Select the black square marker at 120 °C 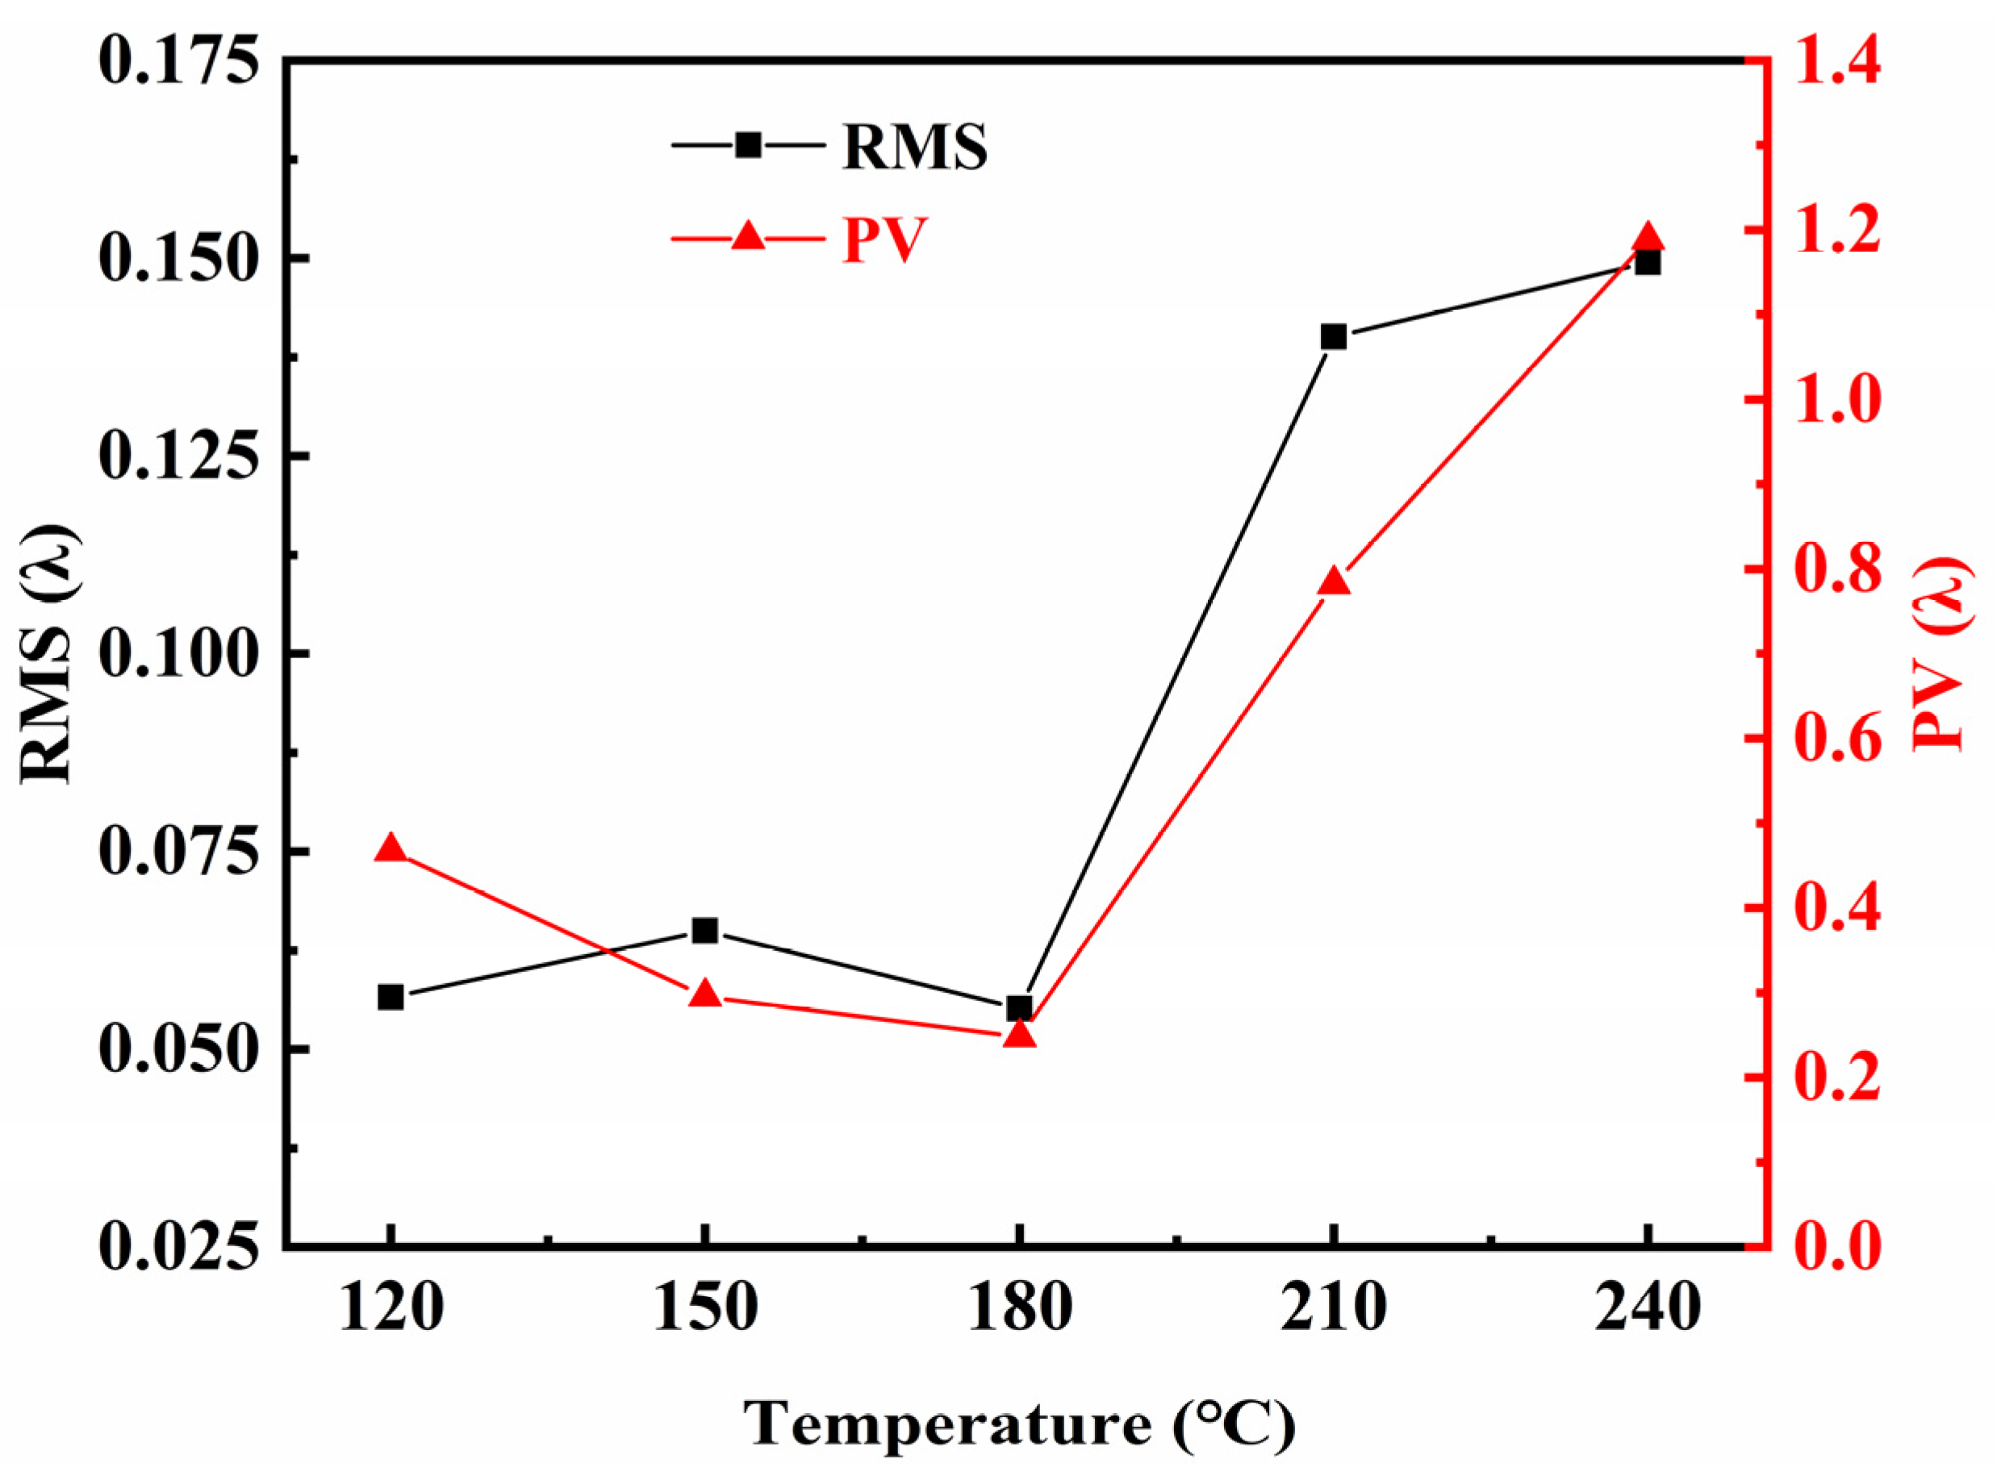[391, 997]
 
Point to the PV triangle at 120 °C [391, 848]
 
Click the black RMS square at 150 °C [705, 930]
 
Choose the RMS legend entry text [914, 147]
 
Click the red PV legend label [885, 239]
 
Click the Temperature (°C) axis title [1019, 1422]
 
